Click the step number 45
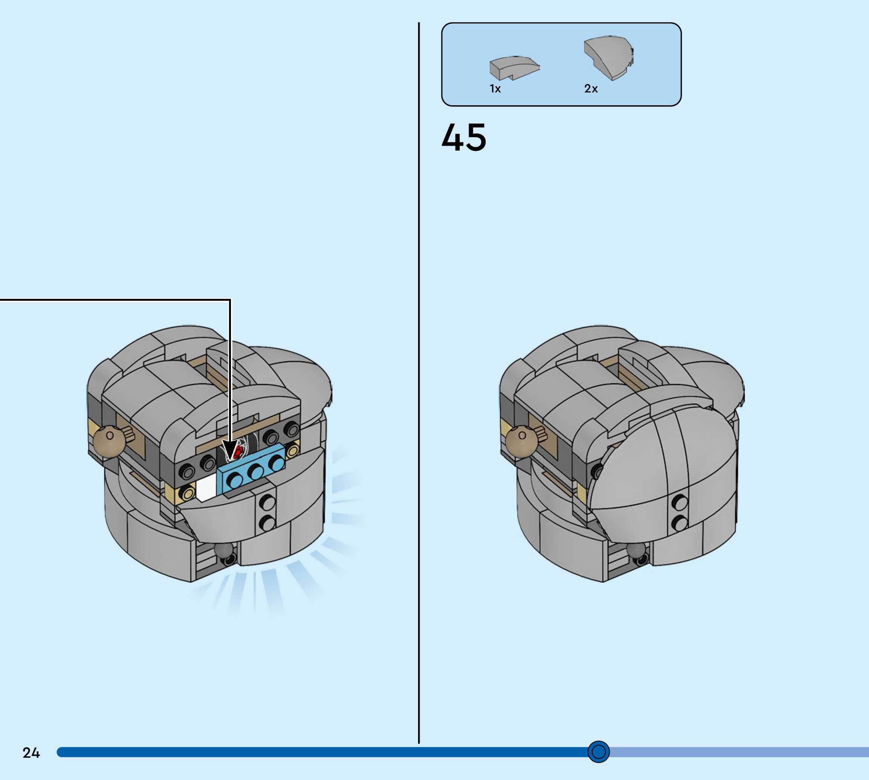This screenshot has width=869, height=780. click(x=464, y=138)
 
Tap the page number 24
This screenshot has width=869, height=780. click(x=31, y=752)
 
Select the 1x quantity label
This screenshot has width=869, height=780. click(x=495, y=89)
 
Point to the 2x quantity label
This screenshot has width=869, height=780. click(x=591, y=89)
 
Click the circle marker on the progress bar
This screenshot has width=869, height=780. click(x=598, y=751)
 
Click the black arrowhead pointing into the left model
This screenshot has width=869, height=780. click(x=230, y=452)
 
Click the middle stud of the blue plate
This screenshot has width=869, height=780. click(x=256, y=472)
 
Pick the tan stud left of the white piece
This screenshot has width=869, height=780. click(x=187, y=493)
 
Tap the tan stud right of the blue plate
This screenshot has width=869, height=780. click(x=293, y=451)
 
